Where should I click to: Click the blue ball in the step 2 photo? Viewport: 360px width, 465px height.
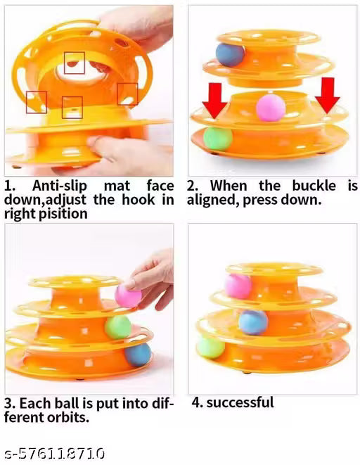(230, 55)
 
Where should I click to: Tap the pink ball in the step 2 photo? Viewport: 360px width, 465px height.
(271, 108)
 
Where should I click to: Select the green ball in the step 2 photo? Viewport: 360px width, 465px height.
(218, 139)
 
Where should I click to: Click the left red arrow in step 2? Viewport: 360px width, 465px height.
(215, 101)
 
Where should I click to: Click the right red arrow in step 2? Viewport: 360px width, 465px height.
(328, 96)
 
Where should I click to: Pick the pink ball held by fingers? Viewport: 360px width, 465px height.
(128, 295)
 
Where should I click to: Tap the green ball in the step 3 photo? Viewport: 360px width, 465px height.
(118, 327)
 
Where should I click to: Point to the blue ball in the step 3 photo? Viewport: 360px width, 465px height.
(138, 354)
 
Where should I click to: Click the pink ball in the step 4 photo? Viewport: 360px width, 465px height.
(238, 286)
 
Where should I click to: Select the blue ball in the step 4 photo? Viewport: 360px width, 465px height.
(253, 322)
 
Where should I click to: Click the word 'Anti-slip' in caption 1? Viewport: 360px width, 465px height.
(60, 186)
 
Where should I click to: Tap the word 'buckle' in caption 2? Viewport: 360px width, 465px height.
(314, 186)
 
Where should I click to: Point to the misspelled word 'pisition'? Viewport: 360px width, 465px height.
(63, 214)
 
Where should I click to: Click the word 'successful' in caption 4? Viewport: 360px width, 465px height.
(240, 402)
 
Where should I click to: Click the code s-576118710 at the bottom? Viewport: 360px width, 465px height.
(55, 454)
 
